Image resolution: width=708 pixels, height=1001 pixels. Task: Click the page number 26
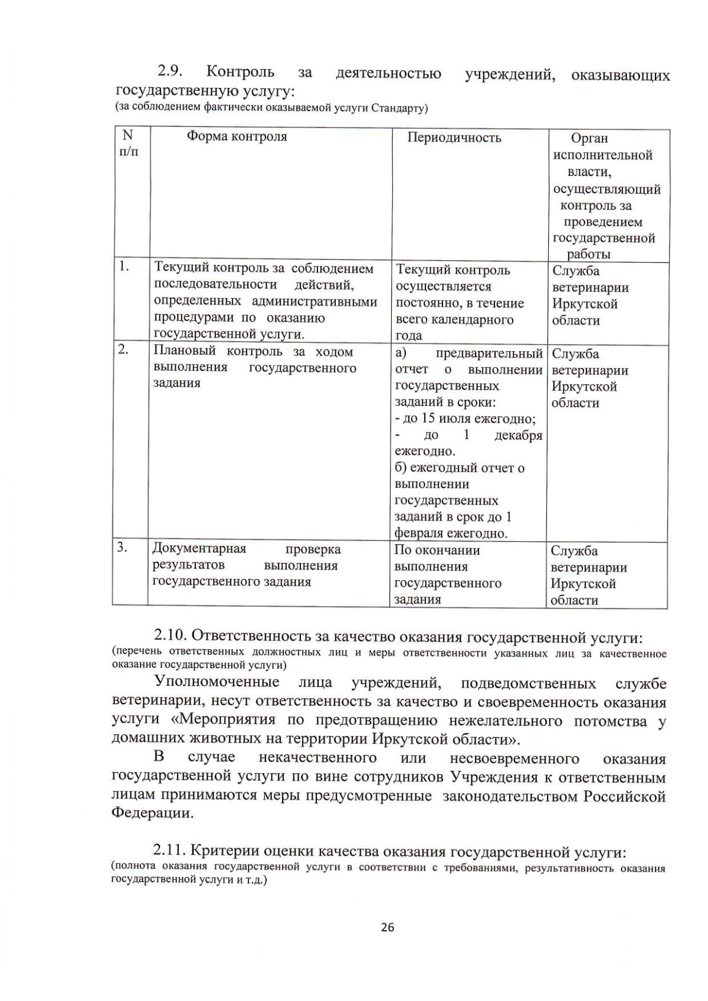coord(388,927)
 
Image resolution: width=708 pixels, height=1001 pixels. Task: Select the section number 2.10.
coord(171,637)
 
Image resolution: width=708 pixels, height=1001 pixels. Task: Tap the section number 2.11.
coord(170,852)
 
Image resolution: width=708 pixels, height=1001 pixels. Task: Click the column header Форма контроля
coord(237,137)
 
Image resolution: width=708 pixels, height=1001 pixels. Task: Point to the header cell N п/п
coord(129,143)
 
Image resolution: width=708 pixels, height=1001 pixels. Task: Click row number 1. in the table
coord(124,267)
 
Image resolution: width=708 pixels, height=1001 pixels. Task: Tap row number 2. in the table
coord(123,349)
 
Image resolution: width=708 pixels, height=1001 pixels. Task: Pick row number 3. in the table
coord(122,547)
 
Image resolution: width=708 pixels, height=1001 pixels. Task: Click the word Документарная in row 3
coord(199,549)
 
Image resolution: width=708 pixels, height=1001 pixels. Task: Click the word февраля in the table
coord(418,534)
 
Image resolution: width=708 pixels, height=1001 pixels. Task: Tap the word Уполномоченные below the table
coord(217,683)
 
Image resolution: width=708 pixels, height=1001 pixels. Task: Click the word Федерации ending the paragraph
coord(152,813)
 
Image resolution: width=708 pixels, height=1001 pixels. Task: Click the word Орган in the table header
coord(589,139)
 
